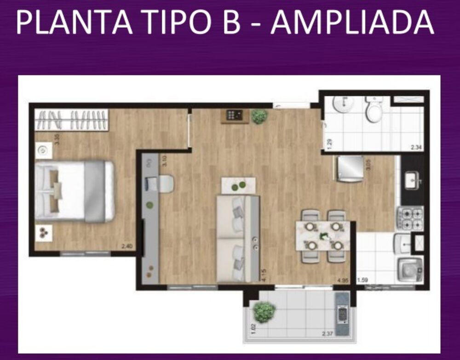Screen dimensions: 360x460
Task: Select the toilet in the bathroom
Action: (374, 111)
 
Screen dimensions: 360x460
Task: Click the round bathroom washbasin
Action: (342, 106)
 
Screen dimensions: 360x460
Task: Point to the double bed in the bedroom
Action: (75, 191)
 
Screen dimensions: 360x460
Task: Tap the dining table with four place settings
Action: (323, 236)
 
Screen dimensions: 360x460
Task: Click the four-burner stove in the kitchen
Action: (410, 218)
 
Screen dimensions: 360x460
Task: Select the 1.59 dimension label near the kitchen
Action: (362, 279)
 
